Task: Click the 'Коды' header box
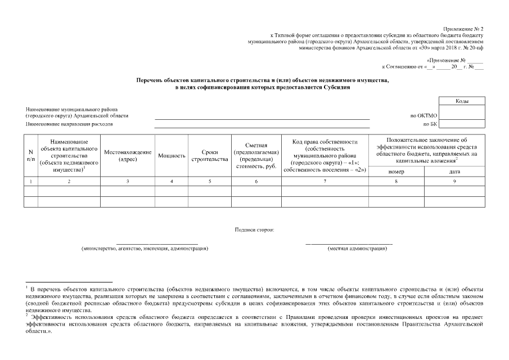click(x=462, y=101)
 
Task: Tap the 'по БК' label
click(x=430, y=124)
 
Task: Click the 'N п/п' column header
click(x=30, y=156)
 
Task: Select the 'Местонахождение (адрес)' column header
click(x=128, y=156)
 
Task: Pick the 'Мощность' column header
click(x=172, y=156)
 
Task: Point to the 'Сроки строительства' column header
click(x=209, y=156)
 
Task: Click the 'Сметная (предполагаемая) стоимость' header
click(x=255, y=156)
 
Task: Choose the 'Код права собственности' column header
click(x=325, y=156)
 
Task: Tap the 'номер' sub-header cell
click(x=396, y=172)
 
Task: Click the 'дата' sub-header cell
click(x=454, y=172)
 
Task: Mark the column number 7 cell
click(x=325, y=181)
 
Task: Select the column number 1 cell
click(x=30, y=181)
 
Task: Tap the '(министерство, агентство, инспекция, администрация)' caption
click(x=145, y=248)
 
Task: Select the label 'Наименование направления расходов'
click(x=69, y=123)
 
